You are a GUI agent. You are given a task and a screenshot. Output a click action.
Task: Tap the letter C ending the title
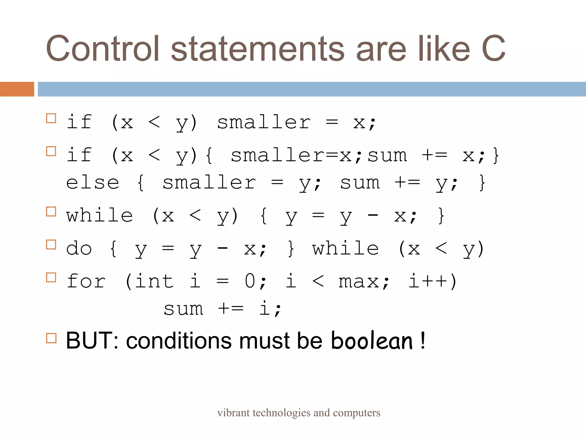point(493,49)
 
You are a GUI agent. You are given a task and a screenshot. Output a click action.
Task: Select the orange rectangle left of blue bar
point(17,89)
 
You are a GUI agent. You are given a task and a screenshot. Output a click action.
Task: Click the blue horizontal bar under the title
point(312,89)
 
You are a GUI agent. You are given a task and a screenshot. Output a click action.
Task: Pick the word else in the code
point(92,183)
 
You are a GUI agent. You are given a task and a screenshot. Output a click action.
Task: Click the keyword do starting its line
point(79,248)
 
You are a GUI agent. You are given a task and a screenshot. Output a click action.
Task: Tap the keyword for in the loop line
point(86,281)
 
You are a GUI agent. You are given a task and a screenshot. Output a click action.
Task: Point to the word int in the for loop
point(154,281)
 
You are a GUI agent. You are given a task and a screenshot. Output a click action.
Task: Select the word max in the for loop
point(359,282)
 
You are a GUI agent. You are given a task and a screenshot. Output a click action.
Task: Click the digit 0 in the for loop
point(250,281)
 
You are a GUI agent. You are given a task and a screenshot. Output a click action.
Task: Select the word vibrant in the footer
point(233,413)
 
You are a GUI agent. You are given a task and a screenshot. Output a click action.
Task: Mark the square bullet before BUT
point(51,338)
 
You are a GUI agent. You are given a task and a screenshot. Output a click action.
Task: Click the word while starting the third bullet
point(100,215)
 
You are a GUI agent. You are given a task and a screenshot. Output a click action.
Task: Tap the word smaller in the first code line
point(264,123)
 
